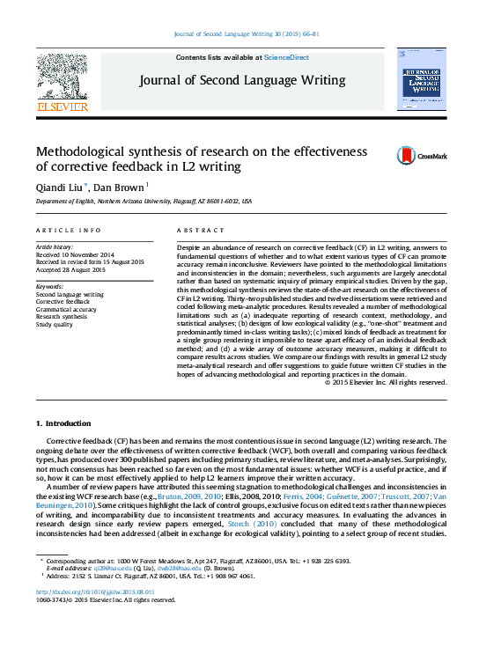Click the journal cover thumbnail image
(x=420, y=78)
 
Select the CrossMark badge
(x=409, y=155)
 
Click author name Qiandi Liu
(x=55, y=187)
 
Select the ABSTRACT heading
(x=195, y=230)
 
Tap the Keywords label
(x=49, y=287)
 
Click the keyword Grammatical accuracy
(x=67, y=309)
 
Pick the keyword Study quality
(x=55, y=324)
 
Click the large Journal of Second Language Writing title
(x=241, y=80)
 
